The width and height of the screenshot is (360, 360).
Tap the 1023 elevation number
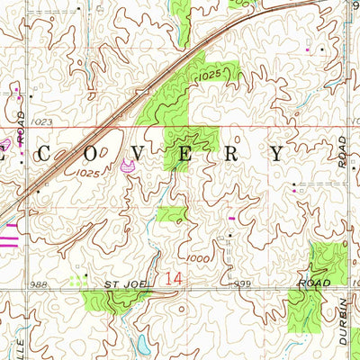pyautogui.click(x=40, y=119)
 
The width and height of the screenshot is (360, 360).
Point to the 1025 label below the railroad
pyautogui.click(x=87, y=171)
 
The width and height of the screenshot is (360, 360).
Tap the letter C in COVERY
pyautogui.click(x=43, y=153)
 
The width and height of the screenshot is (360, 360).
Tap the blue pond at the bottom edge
pyautogui.click(x=143, y=343)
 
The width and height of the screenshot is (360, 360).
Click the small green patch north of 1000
pyautogui.click(x=171, y=213)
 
